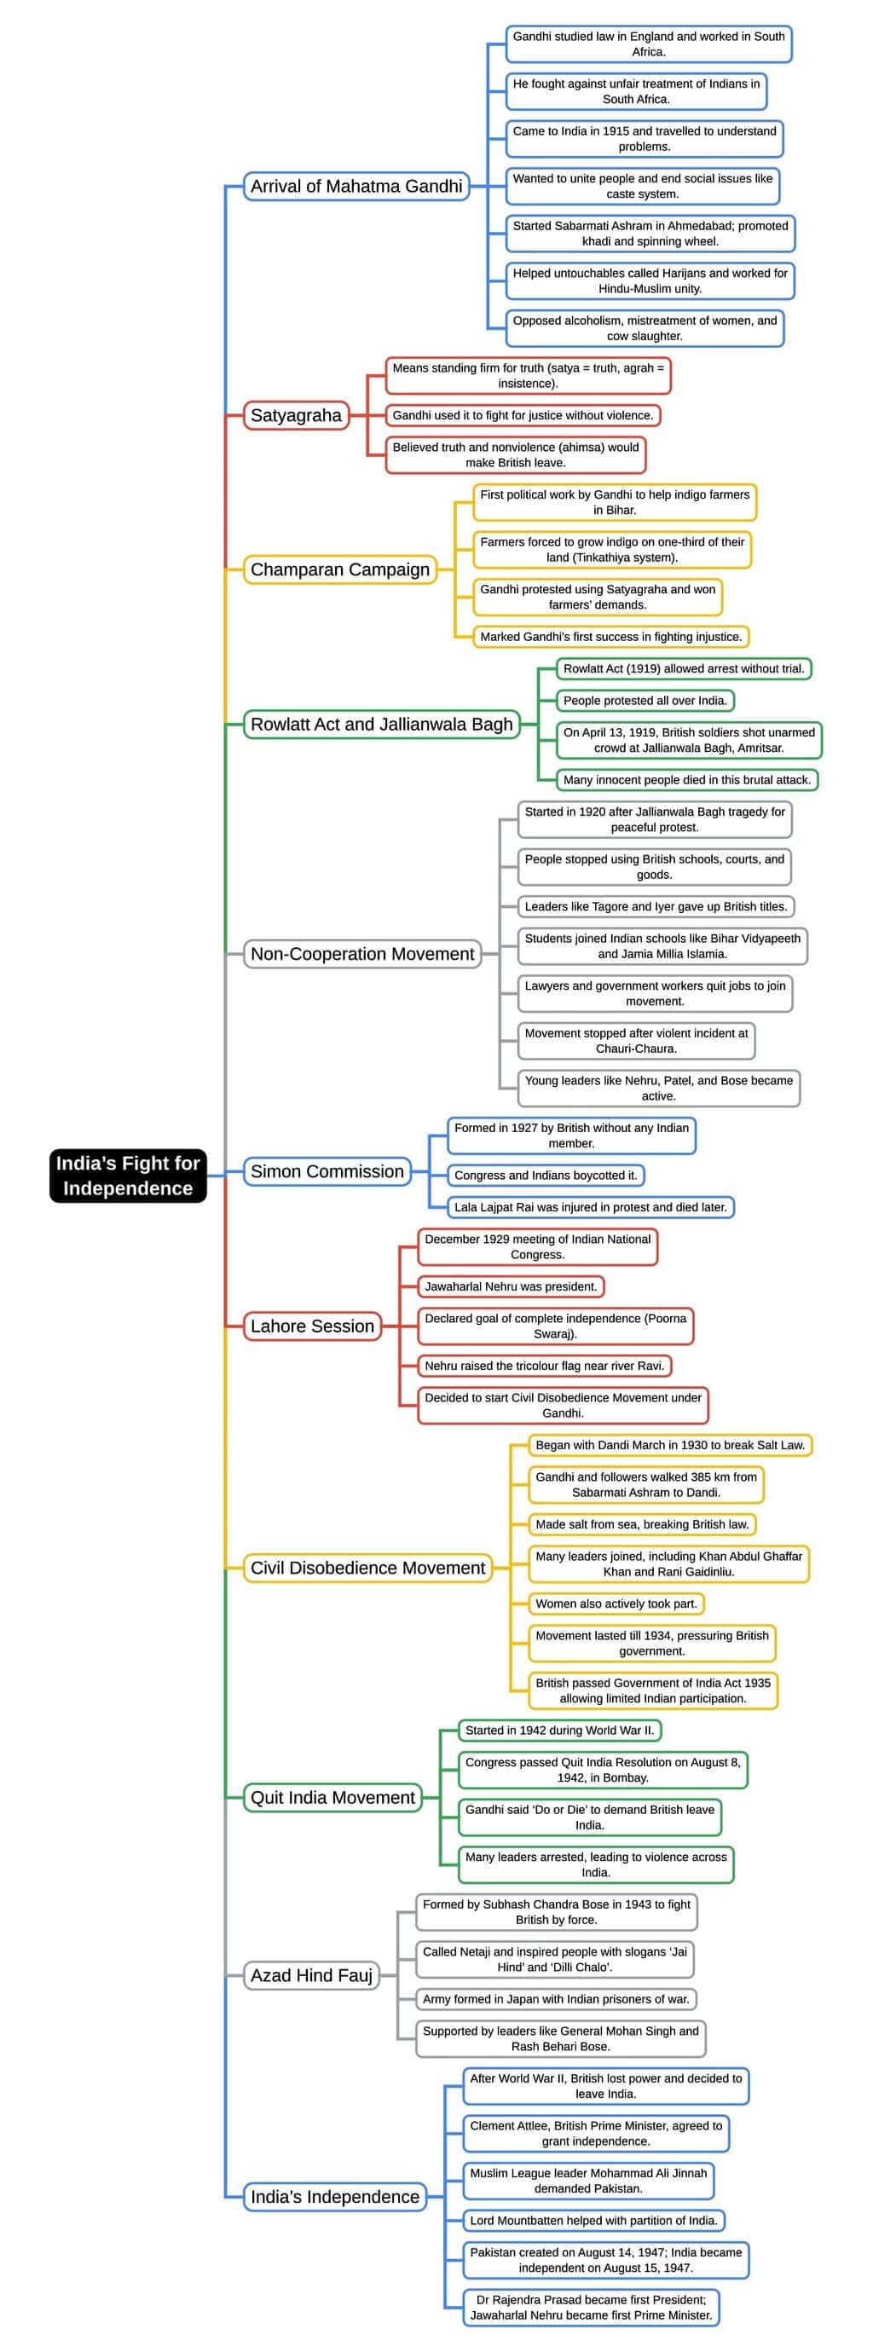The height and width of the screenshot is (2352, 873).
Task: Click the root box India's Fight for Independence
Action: (x=128, y=1175)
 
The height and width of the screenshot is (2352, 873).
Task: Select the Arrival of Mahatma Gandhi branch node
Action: (x=356, y=186)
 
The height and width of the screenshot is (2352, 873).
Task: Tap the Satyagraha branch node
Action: (x=296, y=415)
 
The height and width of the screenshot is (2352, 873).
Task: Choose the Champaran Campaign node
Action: (x=339, y=569)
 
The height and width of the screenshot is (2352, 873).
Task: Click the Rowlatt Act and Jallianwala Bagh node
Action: (x=382, y=724)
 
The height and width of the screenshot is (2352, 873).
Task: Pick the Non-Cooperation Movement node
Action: (x=361, y=953)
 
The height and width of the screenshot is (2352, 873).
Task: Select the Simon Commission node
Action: (x=327, y=1171)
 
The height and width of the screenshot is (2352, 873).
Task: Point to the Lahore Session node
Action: (x=312, y=1326)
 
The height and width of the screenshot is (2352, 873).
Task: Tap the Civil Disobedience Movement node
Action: (x=367, y=1568)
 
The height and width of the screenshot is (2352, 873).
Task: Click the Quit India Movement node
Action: (x=332, y=1797)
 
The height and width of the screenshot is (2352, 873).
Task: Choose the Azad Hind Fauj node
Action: (x=311, y=1975)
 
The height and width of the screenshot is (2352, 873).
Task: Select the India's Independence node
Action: (x=335, y=2197)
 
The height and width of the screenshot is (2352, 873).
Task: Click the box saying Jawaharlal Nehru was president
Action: (x=511, y=1286)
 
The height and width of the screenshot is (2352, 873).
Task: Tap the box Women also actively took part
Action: (x=616, y=1604)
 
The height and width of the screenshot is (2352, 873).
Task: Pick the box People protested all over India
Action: (x=645, y=700)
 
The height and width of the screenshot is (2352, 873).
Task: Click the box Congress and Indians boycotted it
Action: (x=545, y=1175)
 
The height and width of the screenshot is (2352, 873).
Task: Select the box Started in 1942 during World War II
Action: (x=560, y=1731)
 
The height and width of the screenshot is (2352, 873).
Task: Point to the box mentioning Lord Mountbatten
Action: (x=594, y=2221)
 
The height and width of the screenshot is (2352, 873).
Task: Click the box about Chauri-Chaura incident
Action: (x=636, y=1041)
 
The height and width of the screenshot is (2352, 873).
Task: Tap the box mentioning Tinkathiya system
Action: (x=612, y=550)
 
